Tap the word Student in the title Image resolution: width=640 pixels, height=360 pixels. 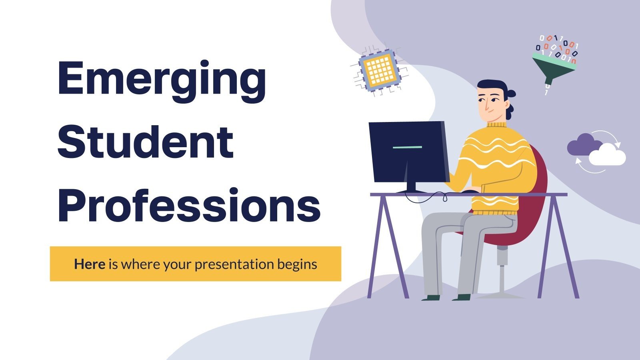point(146,142)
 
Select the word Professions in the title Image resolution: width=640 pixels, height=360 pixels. point(189,205)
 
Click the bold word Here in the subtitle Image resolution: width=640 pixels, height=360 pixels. point(90,264)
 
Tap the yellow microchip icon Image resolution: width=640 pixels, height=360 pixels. point(379,68)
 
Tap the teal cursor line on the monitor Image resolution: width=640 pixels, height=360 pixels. point(407,147)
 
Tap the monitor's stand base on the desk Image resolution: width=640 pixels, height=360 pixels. point(412,191)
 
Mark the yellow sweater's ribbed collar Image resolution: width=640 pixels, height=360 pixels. point(496,125)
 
